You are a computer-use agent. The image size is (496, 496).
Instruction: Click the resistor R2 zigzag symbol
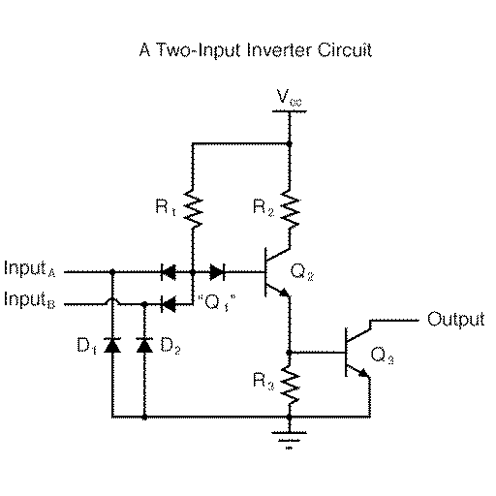[289, 205]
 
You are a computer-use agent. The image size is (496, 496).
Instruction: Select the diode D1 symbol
[113, 344]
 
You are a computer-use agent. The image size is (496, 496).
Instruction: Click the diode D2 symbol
[145, 344]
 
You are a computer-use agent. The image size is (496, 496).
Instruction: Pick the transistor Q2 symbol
[276, 271]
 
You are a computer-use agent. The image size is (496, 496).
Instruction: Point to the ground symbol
[289, 439]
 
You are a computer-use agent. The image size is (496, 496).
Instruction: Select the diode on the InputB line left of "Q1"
[169, 303]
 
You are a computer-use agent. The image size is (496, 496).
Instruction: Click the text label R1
[164, 206]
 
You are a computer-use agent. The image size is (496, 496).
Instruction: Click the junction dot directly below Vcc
[289, 141]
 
